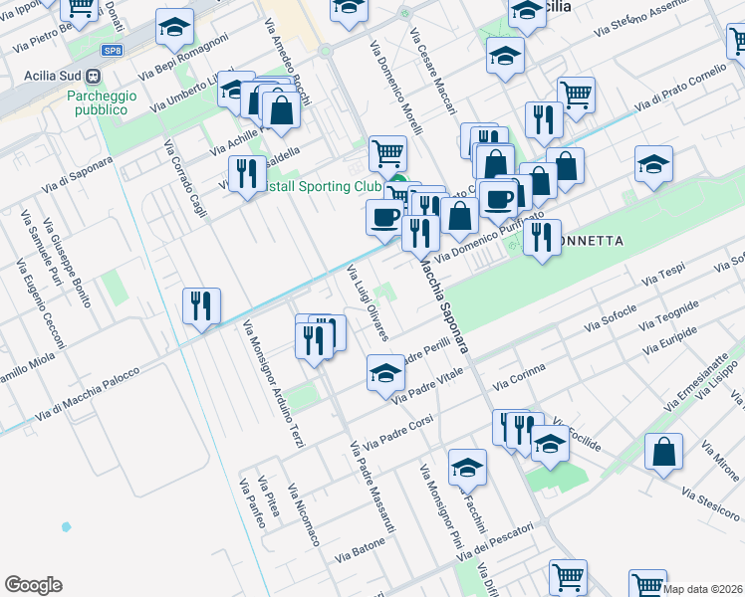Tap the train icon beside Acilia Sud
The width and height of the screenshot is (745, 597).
93,75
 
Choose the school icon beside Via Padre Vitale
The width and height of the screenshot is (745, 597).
384,373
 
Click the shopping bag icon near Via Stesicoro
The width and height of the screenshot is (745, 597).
663,453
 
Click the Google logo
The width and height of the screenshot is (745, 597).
33,585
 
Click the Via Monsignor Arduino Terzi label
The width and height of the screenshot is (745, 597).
272,384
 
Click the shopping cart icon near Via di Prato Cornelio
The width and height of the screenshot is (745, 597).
576,95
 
